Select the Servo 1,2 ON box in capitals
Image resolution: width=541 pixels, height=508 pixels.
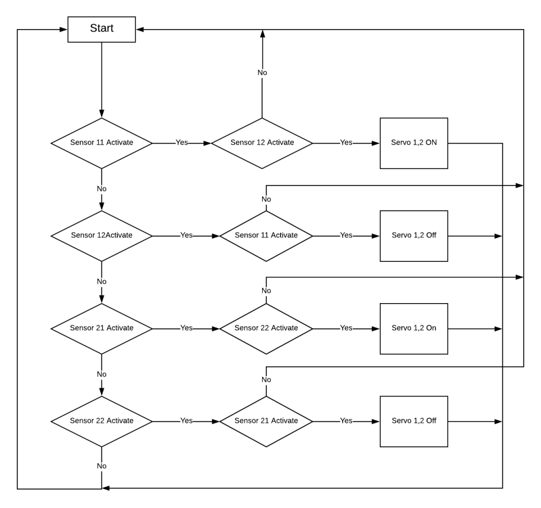[x=414, y=143]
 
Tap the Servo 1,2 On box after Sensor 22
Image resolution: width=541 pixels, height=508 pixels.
[x=414, y=328]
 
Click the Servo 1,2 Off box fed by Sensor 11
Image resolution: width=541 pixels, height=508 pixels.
[x=414, y=236]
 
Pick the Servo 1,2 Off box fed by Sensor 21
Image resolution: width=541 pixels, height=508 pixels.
[x=414, y=421]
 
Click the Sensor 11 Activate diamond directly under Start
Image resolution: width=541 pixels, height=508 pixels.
[x=101, y=143]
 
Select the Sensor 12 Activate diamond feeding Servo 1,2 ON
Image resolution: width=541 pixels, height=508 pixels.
[x=262, y=143]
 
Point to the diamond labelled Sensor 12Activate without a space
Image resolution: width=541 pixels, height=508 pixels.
[x=101, y=236]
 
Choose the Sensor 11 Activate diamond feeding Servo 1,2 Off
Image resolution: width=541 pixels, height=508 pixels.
[x=266, y=236]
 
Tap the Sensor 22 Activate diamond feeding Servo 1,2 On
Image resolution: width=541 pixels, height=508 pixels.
[x=266, y=328]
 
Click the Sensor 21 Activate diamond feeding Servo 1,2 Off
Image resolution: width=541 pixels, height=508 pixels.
[x=266, y=421]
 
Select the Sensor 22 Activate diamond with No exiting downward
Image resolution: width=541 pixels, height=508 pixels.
[x=101, y=421]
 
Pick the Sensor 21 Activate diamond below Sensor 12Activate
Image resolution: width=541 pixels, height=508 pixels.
[x=101, y=328]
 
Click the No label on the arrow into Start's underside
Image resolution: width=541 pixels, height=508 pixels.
[x=262, y=72]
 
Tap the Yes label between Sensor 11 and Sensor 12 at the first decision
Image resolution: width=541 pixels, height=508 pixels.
[x=182, y=143]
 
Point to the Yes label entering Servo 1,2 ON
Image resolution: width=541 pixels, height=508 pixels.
[x=346, y=143]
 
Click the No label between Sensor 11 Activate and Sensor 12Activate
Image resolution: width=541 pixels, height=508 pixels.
[x=101, y=189]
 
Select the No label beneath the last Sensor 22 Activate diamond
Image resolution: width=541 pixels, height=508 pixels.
[x=101, y=466]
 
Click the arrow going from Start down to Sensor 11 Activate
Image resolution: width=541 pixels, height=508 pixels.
[x=101, y=79]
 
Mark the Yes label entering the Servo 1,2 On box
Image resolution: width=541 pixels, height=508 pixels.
[x=346, y=328]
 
